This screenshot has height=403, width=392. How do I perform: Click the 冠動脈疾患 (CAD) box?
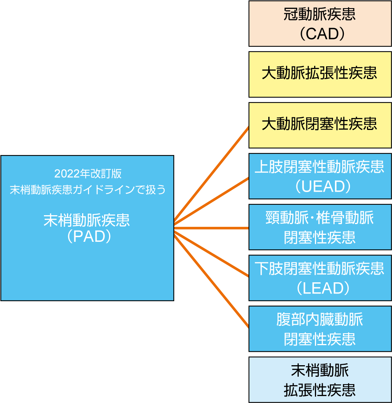tap(320, 24)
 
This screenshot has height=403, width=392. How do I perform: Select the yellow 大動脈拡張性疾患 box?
tap(320, 74)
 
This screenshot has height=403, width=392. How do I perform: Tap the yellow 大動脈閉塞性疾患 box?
tap(320, 125)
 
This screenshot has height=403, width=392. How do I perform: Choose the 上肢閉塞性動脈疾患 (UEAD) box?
tap(320, 176)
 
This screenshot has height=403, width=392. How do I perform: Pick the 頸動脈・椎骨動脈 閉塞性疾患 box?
tap(320, 227)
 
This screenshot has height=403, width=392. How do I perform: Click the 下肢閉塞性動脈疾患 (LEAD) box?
tap(320, 278)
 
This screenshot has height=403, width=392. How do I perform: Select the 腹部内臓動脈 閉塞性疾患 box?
tap(320, 329)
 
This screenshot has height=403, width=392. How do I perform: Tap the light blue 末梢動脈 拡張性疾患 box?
tap(320, 379)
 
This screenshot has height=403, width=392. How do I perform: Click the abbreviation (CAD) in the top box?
tap(320, 34)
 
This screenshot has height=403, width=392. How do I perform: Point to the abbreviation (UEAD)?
tap(320, 187)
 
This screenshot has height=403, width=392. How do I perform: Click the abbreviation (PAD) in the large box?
tap(87, 236)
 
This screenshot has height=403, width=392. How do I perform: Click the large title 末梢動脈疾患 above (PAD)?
tap(87, 221)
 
